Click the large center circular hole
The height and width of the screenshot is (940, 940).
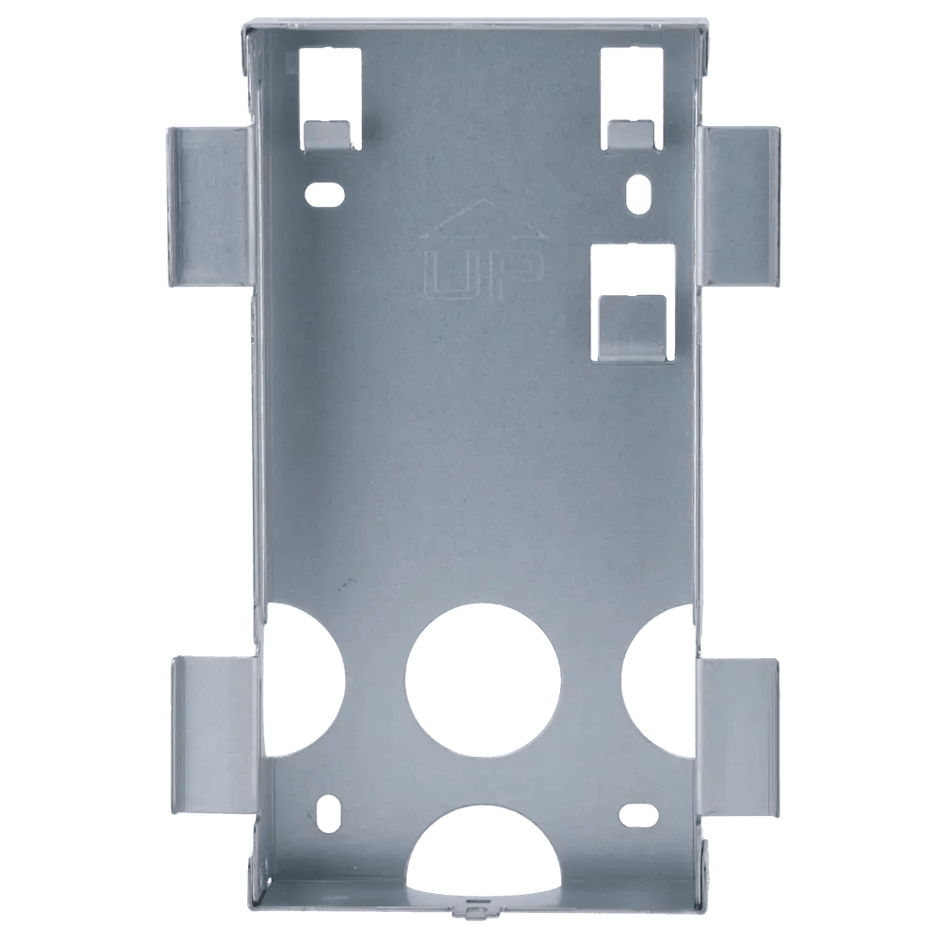coord(482,680)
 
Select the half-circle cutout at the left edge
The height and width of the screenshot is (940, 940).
coord(305,679)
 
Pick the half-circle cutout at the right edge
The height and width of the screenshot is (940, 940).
coord(660,678)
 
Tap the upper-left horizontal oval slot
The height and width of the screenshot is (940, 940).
coord(324,194)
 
